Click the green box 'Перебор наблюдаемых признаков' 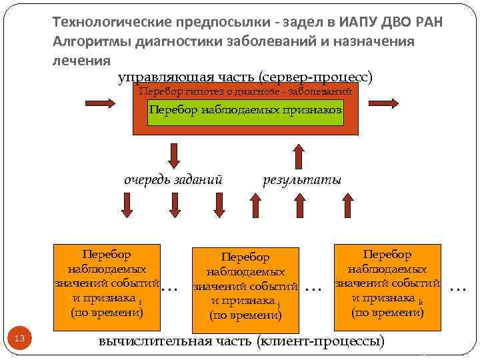pos(245,110)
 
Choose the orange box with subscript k pos(387,283)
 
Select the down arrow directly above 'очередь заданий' pos(174,155)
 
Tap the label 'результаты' pos(302,180)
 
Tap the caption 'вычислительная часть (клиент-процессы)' pos(241,341)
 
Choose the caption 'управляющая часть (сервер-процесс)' pos(245,77)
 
